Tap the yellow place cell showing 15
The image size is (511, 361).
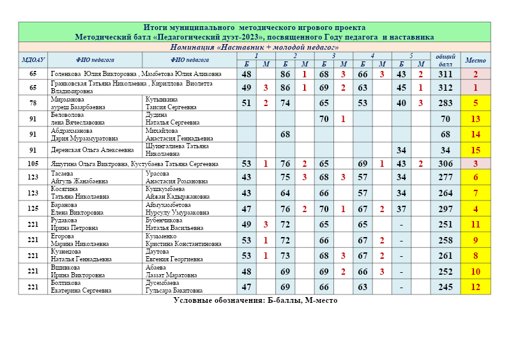pos(475,150)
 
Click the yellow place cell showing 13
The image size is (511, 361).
pos(475,119)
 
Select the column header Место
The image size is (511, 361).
pos(475,60)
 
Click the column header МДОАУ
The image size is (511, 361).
pos(33,60)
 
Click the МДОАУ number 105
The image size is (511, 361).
pos(33,164)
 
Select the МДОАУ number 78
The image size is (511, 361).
pos(33,103)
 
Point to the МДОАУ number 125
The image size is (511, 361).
pos(33,209)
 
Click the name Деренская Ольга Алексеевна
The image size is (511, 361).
pos(93,150)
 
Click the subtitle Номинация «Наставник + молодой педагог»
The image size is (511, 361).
pos(254,47)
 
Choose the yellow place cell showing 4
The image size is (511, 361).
pos(475,209)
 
